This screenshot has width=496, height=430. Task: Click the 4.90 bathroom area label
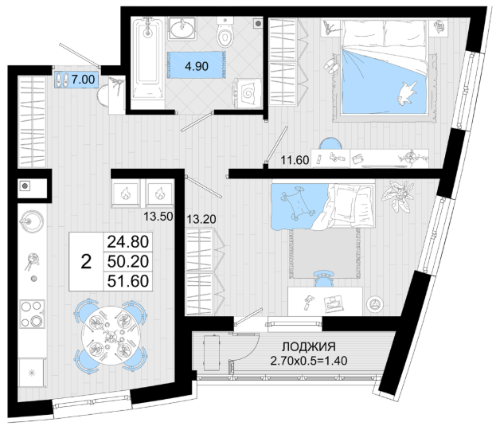pos(197,66)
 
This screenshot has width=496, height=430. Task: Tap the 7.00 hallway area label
pos(83,79)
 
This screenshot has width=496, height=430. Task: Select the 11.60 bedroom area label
pos(295,160)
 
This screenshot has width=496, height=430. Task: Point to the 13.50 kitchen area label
pos(158,217)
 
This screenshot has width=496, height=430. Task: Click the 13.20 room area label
pos(201,219)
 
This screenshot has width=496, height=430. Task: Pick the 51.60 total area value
pos(128,281)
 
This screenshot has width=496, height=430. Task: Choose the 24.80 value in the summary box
pos(128,242)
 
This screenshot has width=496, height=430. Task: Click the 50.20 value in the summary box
pos(128,261)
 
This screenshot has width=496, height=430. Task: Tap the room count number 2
pos(86,262)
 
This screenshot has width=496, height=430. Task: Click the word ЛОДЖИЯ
pos(308,346)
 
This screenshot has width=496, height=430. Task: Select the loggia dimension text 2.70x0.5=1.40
pos(309,361)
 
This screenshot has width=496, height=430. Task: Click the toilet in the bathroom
pos(225,32)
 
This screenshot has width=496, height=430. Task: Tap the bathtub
pos(147,58)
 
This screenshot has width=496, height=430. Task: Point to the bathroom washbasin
pos(182,29)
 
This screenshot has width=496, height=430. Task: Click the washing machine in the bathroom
pos(248,92)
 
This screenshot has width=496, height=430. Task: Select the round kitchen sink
pos(31,221)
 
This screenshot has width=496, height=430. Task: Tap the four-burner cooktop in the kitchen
pos(33,314)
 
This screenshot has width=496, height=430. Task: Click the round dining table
pos(111,335)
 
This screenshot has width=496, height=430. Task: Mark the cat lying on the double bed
pos(407,92)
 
